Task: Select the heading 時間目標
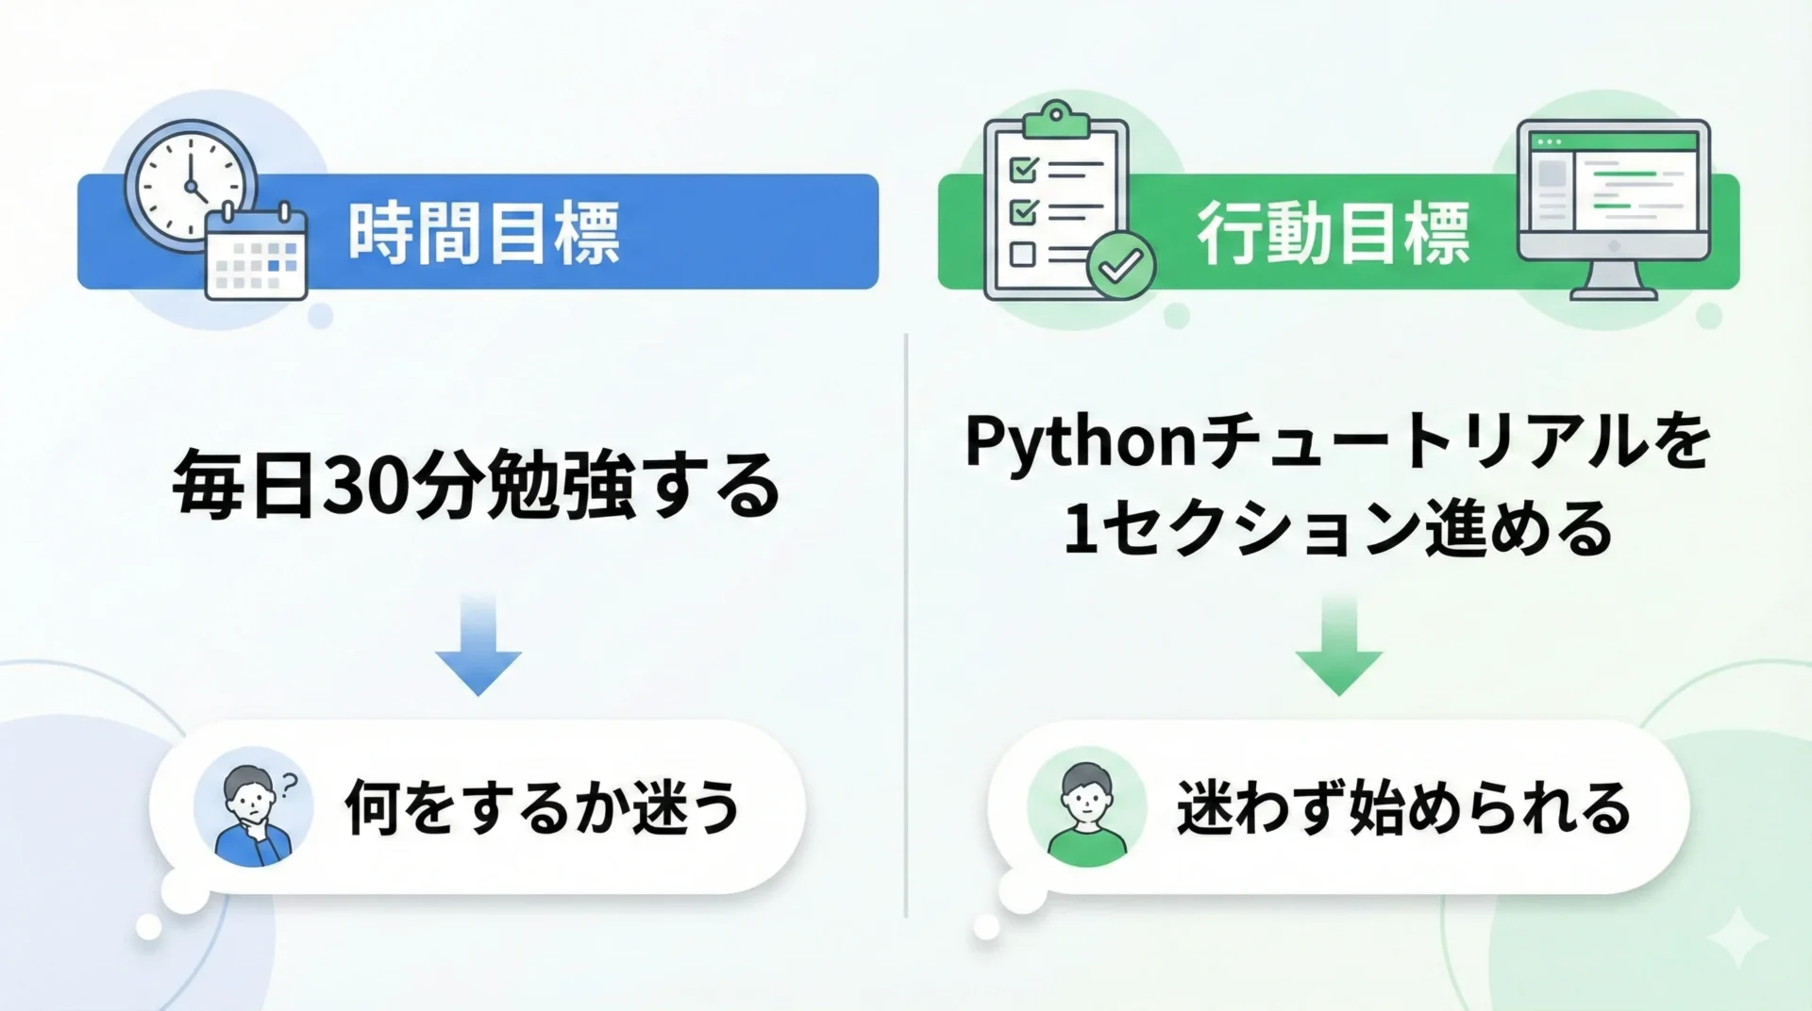tap(484, 233)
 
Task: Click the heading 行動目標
tap(1334, 233)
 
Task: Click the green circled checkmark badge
tap(1121, 266)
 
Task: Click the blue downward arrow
tap(478, 646)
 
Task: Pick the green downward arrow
tap(1338, 646)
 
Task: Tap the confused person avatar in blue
tap(253, 808)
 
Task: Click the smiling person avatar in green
tap(1087, 808)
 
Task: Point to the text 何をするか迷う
tap(543, 808)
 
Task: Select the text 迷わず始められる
tap(1404, 808)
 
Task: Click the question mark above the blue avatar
tap(289, 784)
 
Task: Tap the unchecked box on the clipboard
tap(1023, 254)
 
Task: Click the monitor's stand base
tap(1614, 293)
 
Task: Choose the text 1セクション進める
tap(1338, 529)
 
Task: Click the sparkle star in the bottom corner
tap(1737, 937)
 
